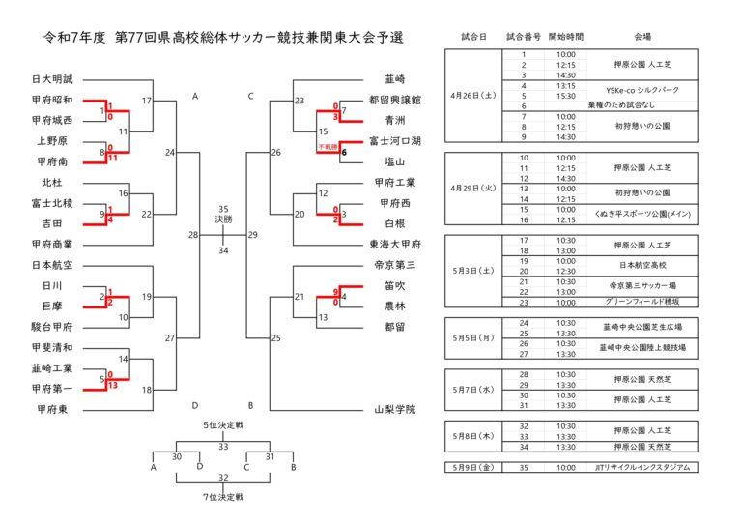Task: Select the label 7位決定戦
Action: click(x=223, y=497)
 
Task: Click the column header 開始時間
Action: click(x=566, y=37)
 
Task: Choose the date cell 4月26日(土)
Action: click(x=473, y=96)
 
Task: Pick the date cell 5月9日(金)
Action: click(x=473, y=467)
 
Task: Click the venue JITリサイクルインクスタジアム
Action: click(x=642, y=467)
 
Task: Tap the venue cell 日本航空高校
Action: click(x=642, y=261)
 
